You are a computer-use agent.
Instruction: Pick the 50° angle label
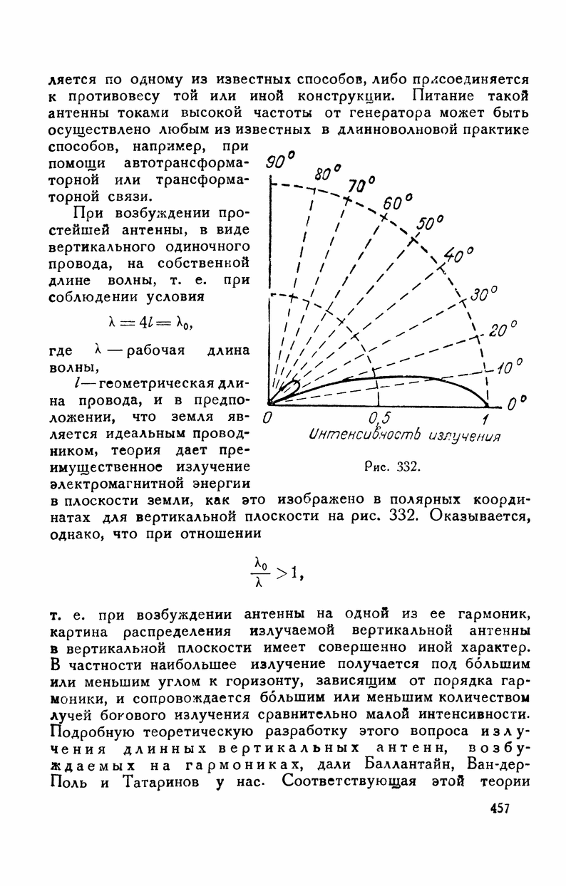[x=430, y=224]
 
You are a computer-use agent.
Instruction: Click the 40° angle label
[x=458, y=255]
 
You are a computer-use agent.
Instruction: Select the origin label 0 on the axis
[x=267, y=417]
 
